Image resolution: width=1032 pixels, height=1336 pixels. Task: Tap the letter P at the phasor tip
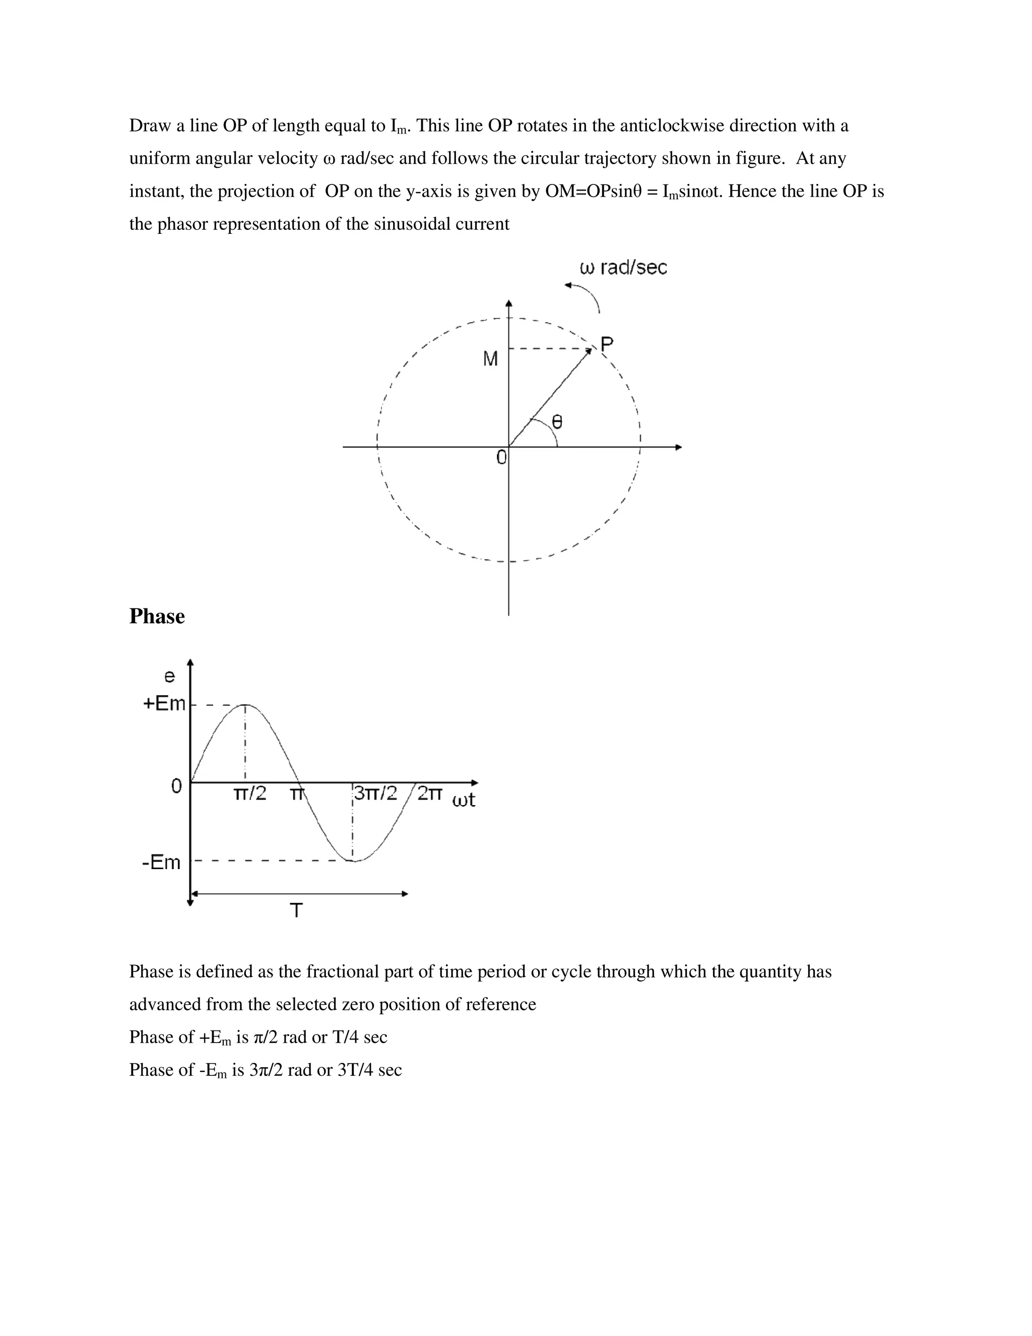[607, 344]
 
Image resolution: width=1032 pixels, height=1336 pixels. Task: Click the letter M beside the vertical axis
[490, 359]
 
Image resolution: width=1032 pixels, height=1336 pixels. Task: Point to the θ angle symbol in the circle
[557, 421]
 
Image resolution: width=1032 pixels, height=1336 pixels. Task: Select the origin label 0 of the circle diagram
[501, 457]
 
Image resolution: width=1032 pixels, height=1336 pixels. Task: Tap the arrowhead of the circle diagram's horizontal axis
[678, 447]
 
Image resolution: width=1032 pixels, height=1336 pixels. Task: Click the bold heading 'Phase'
[157, 616]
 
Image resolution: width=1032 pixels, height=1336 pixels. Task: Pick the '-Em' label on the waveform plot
[161, 863]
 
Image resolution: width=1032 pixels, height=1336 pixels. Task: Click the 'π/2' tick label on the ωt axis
[250, 794]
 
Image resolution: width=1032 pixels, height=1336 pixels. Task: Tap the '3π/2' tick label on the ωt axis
[375, 794]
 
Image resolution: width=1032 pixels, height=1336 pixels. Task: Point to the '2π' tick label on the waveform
[430, 794]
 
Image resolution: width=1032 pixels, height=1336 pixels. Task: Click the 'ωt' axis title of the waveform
[464, 800]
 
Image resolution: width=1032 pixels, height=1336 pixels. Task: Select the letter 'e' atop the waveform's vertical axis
[169, 676]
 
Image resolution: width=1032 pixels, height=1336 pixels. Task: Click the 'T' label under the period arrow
[296, 912]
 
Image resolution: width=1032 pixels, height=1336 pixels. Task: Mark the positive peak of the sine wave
[245, 705]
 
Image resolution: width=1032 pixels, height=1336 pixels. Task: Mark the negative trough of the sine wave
[354, 861]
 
